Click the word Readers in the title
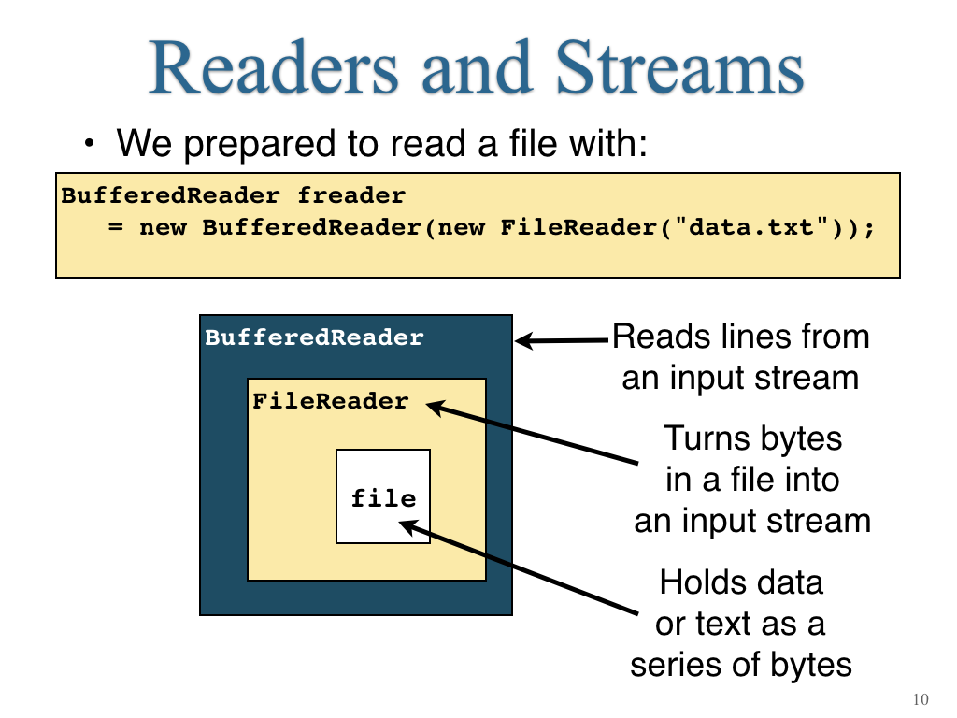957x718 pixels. click(274, 67)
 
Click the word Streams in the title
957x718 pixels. click(679, 67)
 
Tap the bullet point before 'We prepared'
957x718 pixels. click(90, 144)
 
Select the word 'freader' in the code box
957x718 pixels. click(351, 195)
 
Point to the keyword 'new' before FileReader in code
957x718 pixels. click(462, 228)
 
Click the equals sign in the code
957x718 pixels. click(115, 228)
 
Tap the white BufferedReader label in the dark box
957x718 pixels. click(314, 337)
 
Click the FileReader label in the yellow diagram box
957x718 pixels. click(330, 400)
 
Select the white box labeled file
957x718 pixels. click(383, 496)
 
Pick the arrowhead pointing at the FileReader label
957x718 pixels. click(436, 408)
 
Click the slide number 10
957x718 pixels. click(921, 699)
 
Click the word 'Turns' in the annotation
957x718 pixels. click(699, 438)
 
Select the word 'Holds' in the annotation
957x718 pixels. click(698, 582)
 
